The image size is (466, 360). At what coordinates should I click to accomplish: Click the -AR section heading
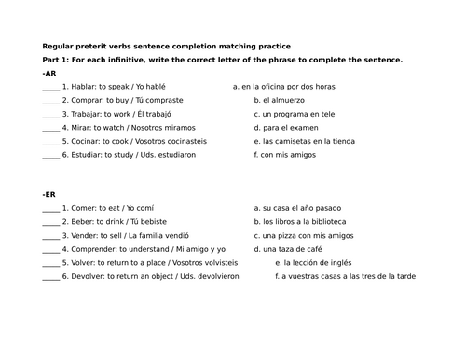point(50,72)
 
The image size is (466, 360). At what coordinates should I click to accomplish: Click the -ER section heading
point(50,195)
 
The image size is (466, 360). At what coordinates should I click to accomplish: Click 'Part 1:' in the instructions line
point(58,59)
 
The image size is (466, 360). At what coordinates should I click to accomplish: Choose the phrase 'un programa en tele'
point(298,113)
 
